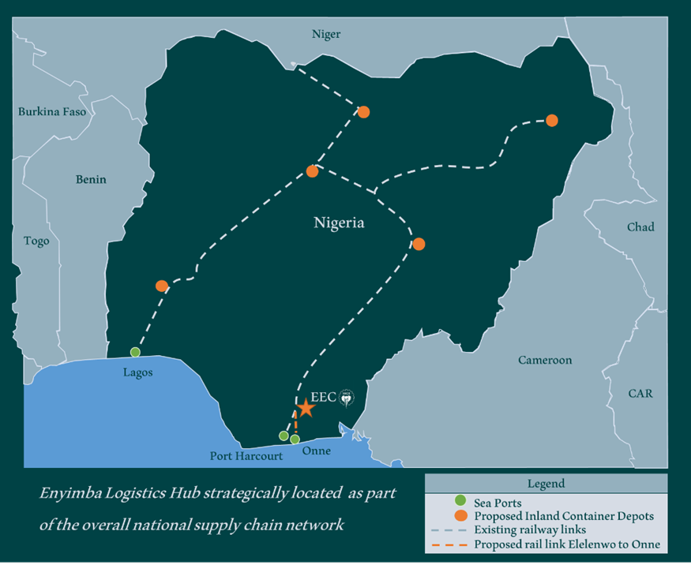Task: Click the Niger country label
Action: [326, 34]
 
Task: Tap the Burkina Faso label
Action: [52, 112]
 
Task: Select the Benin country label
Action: [91, 179]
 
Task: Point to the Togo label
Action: [36, 241]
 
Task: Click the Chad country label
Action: [640, 227]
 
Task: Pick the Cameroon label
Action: [545, 360]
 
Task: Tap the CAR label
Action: [640, 393]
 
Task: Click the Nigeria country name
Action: [339, 223]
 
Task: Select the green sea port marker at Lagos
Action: [135, 352]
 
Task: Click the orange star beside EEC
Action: [306, 408]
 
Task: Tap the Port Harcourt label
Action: [246, 456]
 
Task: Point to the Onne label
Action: [317, 451]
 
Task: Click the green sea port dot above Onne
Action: [295, 439]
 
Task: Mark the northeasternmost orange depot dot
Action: [552, 121]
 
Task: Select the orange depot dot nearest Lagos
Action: [162, 286]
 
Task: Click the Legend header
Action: [546, 484]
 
